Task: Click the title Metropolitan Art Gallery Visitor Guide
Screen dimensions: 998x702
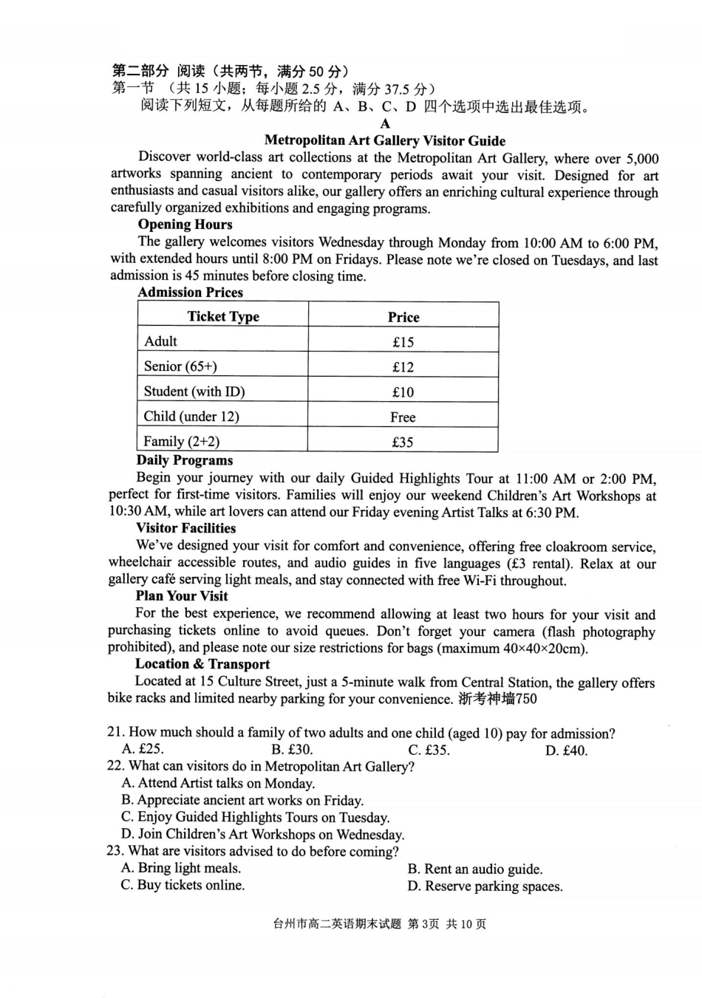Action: [x=384, y=140]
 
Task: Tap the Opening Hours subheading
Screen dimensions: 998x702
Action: [x=185, y=225]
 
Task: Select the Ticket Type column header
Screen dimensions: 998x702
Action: [x=223, y=316]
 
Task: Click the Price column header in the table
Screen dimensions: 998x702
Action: [x=403, y=317]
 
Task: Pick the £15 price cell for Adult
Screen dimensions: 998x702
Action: [x=403, y=342]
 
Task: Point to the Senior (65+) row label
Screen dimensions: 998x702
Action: [x=180, y=366]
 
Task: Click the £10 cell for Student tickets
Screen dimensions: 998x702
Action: [x=403, y=392]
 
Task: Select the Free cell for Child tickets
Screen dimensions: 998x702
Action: [x=403, y=417]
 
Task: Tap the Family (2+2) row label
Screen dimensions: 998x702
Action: [x=181, y=442]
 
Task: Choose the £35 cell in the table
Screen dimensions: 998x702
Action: [x=403, y=442]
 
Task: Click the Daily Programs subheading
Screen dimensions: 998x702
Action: [x=184, y=460]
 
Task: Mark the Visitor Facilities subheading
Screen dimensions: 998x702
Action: [x=185, y=528]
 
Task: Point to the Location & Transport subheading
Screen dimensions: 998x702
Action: [x=202, y=664]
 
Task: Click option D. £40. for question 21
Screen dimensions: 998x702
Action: [x=566, y=751]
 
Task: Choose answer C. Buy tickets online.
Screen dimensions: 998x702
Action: [x=183, y=885]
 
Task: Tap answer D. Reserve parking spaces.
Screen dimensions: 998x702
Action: [x=484, y=886]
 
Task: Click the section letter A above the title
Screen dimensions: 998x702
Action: [x=384, y=124]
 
